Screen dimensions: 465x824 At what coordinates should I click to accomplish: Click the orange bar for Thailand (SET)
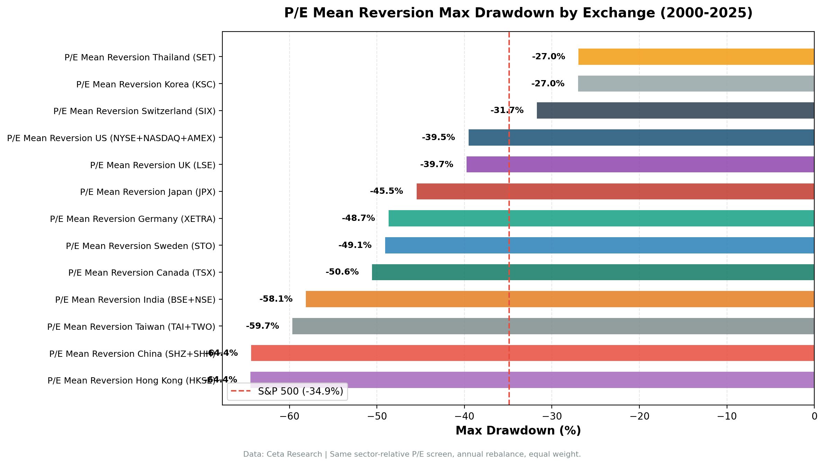[696, 57]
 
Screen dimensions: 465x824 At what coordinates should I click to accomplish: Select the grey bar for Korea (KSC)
[696, 84]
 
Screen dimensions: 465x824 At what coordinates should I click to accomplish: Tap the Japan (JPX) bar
[615, 191]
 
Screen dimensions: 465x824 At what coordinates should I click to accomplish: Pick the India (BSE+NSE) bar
[560, 299]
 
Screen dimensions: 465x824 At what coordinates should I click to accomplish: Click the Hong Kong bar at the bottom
[532, 380]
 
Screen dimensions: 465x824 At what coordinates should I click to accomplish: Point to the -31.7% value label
[507, 110]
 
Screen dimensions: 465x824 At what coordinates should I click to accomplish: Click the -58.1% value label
[276, 299]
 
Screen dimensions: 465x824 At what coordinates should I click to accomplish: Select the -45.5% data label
[386, 191]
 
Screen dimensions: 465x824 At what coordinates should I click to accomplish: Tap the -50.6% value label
[342, 272]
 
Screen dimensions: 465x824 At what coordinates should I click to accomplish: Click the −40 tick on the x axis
[464, 416]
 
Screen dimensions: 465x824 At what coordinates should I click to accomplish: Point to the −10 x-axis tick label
[727, 416]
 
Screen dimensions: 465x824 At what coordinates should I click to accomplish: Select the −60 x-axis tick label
[289, 416]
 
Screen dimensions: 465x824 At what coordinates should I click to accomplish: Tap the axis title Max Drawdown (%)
[518, 431]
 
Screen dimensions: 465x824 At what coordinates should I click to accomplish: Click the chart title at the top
[518, 13]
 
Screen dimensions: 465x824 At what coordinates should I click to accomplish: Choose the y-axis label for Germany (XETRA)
[133, 219]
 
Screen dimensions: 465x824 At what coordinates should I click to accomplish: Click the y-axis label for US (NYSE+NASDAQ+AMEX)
[111, 138]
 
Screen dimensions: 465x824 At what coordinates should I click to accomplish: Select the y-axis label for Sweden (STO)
[141, 246]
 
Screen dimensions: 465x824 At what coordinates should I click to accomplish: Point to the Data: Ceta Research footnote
[412, 454]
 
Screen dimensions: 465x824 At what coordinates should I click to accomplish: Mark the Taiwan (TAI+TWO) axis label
[131, 327]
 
